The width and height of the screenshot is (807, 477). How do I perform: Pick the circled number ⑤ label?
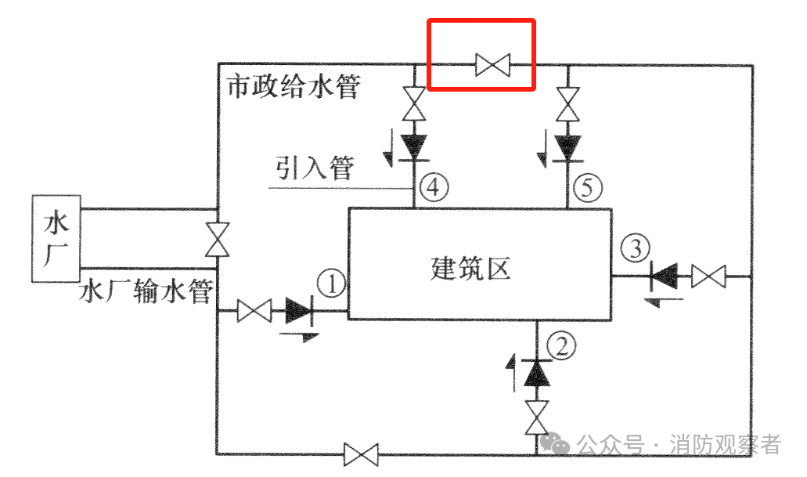click(588, 186)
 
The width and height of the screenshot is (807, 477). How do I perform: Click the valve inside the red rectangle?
click(493, 63)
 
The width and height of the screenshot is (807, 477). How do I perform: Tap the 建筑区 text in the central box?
click(471, 268)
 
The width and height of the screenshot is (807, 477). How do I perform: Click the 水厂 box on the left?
click(55, 237)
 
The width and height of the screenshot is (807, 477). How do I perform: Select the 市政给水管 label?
click(293, 86)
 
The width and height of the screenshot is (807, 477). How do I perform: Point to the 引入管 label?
click(315, 168)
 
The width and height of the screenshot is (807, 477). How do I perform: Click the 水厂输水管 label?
click(146, 292)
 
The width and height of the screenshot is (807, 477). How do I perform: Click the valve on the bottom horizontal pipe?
click(362, 454)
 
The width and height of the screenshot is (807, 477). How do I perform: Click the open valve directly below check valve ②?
click(537, 417)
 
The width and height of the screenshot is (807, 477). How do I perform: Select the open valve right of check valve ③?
click(709, 276)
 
